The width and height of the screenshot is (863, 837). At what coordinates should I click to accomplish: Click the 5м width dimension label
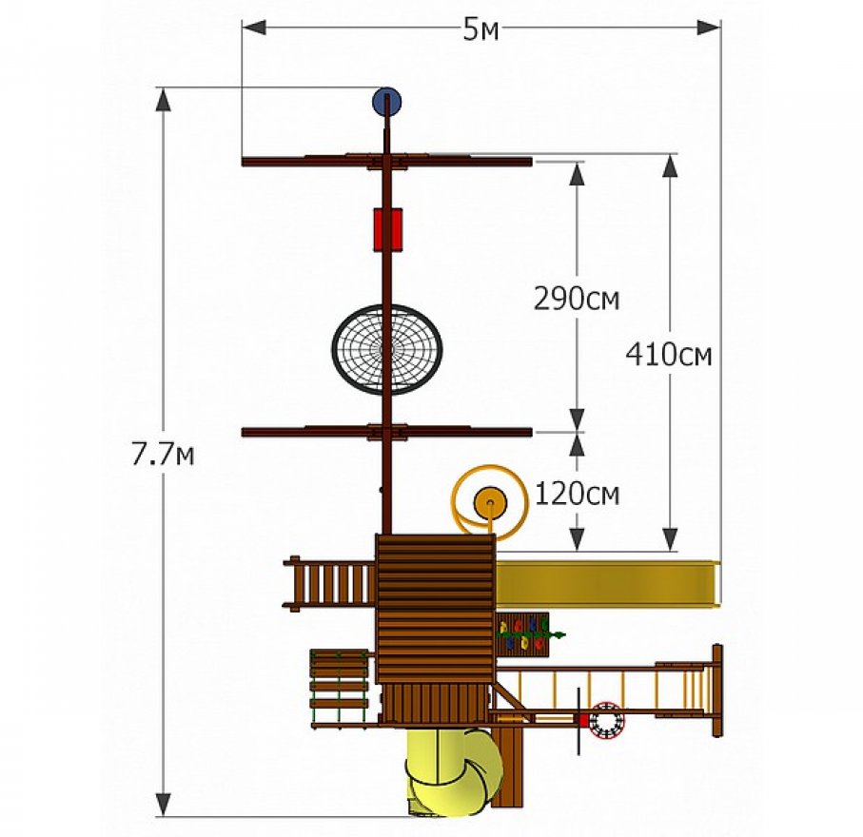click(x=481, y=30)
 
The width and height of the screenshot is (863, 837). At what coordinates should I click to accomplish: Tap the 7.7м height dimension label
click(x=163, y=455)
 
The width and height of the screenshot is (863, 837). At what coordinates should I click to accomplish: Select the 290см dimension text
click(x=577, y=300)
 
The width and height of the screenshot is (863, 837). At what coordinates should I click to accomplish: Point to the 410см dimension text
click(x=669, y=355)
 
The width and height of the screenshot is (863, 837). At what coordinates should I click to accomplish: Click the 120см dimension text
click(x=578, y=494)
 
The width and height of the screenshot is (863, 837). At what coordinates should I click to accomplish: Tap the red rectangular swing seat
click(x=387, y=229)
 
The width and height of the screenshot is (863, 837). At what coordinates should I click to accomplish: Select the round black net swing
click(x=387, y=349)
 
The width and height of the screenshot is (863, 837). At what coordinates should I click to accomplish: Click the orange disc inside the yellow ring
click(x=490, y=503)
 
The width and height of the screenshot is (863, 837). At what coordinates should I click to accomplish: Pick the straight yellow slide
click(x=608, y=583)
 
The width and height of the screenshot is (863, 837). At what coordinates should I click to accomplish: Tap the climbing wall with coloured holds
click(x=523, y=634)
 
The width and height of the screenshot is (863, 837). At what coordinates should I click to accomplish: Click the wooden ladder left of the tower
click(x=329, y=584)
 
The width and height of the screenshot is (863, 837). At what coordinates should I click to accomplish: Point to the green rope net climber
click(x=339, y=688)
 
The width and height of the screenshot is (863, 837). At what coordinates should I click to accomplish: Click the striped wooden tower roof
click(x=436, y=609)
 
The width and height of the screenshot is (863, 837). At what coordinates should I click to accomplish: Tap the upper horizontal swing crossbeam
click(x=387, y=162)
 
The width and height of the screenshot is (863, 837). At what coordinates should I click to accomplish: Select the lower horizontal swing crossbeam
click(x=387, y=432)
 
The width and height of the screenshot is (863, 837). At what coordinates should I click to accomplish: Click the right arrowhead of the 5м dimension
click(x=709, y=28)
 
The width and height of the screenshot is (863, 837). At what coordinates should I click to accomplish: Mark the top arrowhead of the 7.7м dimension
click(x=163, y=100)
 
